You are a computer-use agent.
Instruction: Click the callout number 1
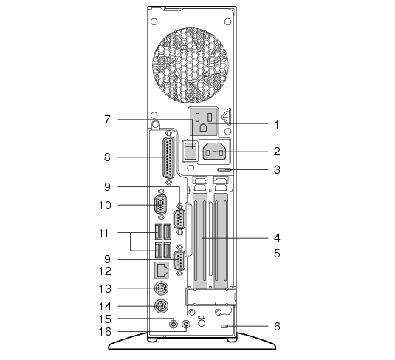click(277, 125)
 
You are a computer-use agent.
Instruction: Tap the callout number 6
click(277, 327)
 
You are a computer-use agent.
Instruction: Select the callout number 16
click(105, 332)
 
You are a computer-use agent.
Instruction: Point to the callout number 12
click(105, 271)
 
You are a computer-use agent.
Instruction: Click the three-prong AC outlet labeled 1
click(203, 121)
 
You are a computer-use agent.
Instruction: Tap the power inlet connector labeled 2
click(214, 151)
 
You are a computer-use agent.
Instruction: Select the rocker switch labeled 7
click(190, 151)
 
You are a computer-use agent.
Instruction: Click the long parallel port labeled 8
click(169, 158)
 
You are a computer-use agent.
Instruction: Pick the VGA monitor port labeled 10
click(160, 205)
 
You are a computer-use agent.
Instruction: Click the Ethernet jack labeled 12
click(162, 271)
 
